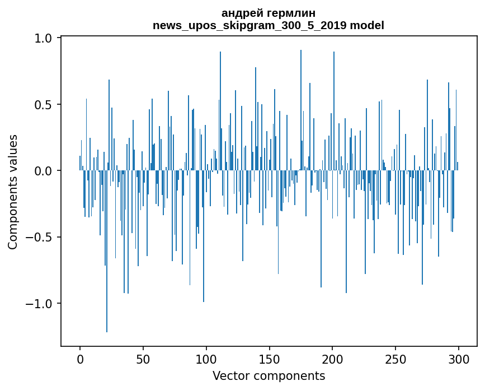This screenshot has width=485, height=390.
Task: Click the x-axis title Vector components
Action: point(269,375)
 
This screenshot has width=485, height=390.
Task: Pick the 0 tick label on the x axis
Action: point(80,359)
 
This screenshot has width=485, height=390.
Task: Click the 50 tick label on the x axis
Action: point(143,359)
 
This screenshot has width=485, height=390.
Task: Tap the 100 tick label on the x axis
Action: point(206,359)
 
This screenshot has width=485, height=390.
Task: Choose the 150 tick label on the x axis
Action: point(270,359)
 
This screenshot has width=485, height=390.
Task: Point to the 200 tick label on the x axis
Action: point(333,359)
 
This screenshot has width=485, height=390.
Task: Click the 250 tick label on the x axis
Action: point(396,359)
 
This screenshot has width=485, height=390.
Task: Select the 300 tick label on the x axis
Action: point(459,359)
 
